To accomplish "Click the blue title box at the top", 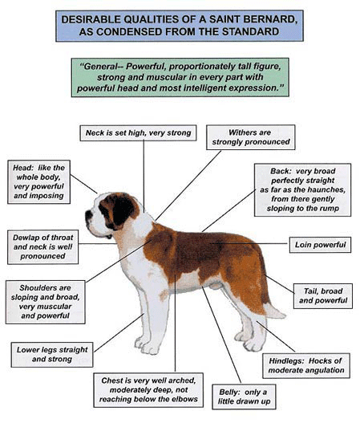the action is tap(180, 26).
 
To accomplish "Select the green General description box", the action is tap(180, 77).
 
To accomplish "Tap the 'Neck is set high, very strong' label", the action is tap(138, 133).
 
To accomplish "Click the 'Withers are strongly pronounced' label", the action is tap(251, 137).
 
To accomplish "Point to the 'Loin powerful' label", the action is tap(320, 245).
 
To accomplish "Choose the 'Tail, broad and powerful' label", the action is tap(323, 296).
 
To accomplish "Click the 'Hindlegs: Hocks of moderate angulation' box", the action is tap(306, 366).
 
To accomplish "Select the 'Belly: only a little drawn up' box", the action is tap(244, 396).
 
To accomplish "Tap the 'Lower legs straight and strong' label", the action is tap(52, 355).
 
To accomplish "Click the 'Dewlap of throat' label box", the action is tap(43, 247).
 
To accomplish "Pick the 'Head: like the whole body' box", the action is tap(39, 182).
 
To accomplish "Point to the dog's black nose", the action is tap(88, 215).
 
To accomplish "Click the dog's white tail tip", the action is tap(275, 311).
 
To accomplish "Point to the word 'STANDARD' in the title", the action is tap(251, 31).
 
